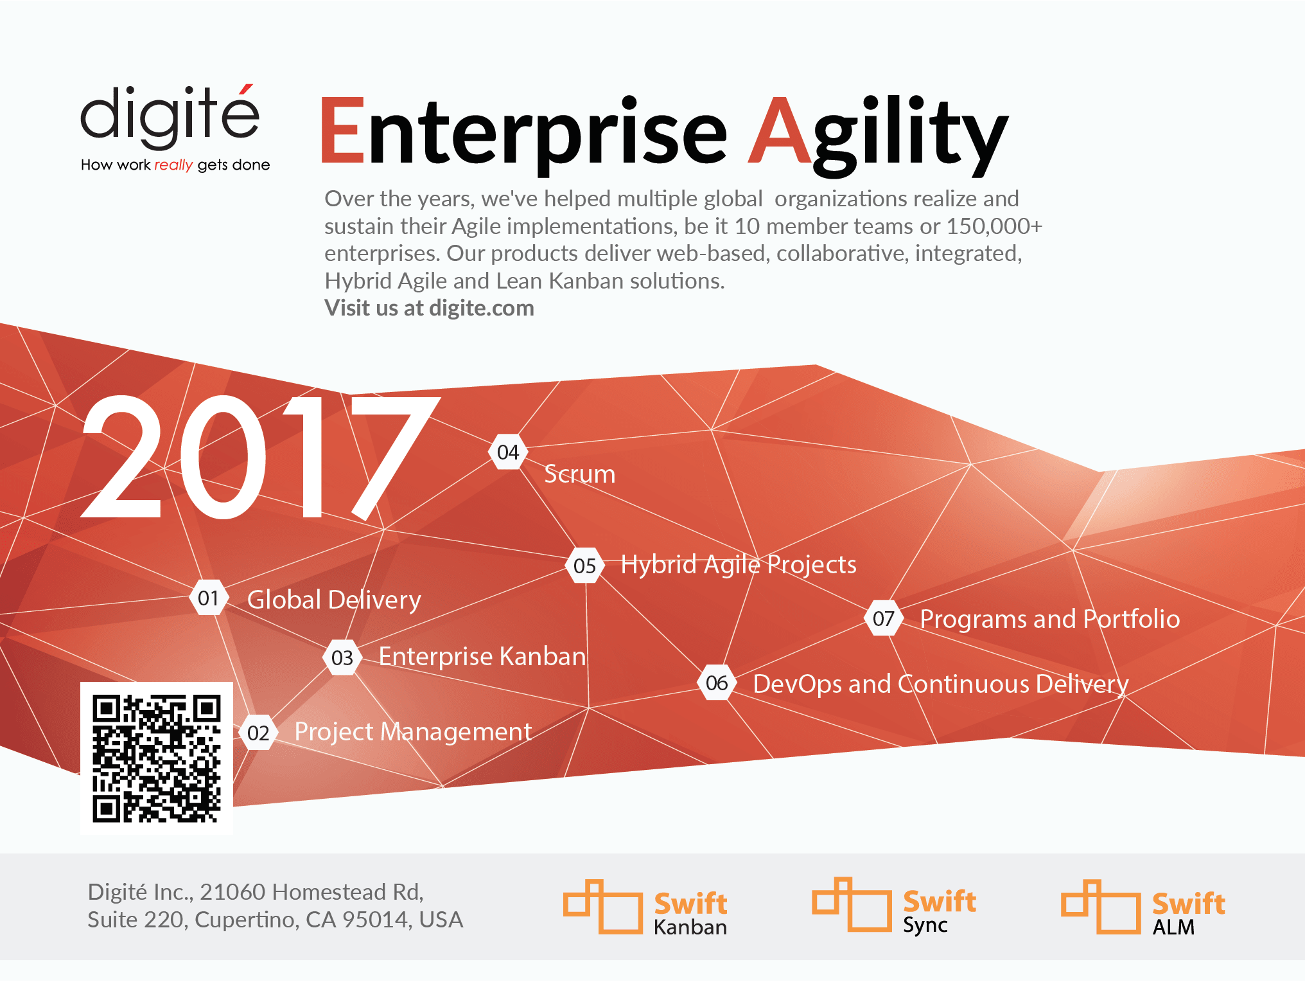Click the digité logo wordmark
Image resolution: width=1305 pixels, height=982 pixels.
tap(170, 116)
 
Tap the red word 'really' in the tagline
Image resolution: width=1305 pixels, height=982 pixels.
tap(173, 165)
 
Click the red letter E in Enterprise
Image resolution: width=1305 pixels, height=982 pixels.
tap(342, 130)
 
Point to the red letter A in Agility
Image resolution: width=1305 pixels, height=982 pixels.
tap(781, 130)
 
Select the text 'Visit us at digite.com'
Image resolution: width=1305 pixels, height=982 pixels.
tap(429, 308)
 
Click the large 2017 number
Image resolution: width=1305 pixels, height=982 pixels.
tap(260, 457)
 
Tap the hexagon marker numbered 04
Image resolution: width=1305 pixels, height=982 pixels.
tap(508, 452)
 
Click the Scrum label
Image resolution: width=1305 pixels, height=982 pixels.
tap(579, 474)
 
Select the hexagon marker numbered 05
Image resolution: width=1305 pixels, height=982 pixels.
tap(585, 566)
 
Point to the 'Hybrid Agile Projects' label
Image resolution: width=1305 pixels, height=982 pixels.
tap(739, 565)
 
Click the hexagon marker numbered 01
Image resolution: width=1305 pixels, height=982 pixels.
tap(209, 598)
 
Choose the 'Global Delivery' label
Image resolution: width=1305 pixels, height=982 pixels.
tap(334, 600)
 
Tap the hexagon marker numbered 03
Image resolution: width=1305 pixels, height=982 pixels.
tap(342, 657)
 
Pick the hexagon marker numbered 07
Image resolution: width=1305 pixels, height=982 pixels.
tap(884, 618)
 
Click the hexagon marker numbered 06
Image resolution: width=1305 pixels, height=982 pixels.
tap(717, 683)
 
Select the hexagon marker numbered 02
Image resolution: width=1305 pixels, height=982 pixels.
tap(258, 733)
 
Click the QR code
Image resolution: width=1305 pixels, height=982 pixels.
tap(157, 758)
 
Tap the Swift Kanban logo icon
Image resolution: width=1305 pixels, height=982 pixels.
tap(603, 906)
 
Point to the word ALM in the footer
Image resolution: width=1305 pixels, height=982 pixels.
tap(1173, 927)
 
